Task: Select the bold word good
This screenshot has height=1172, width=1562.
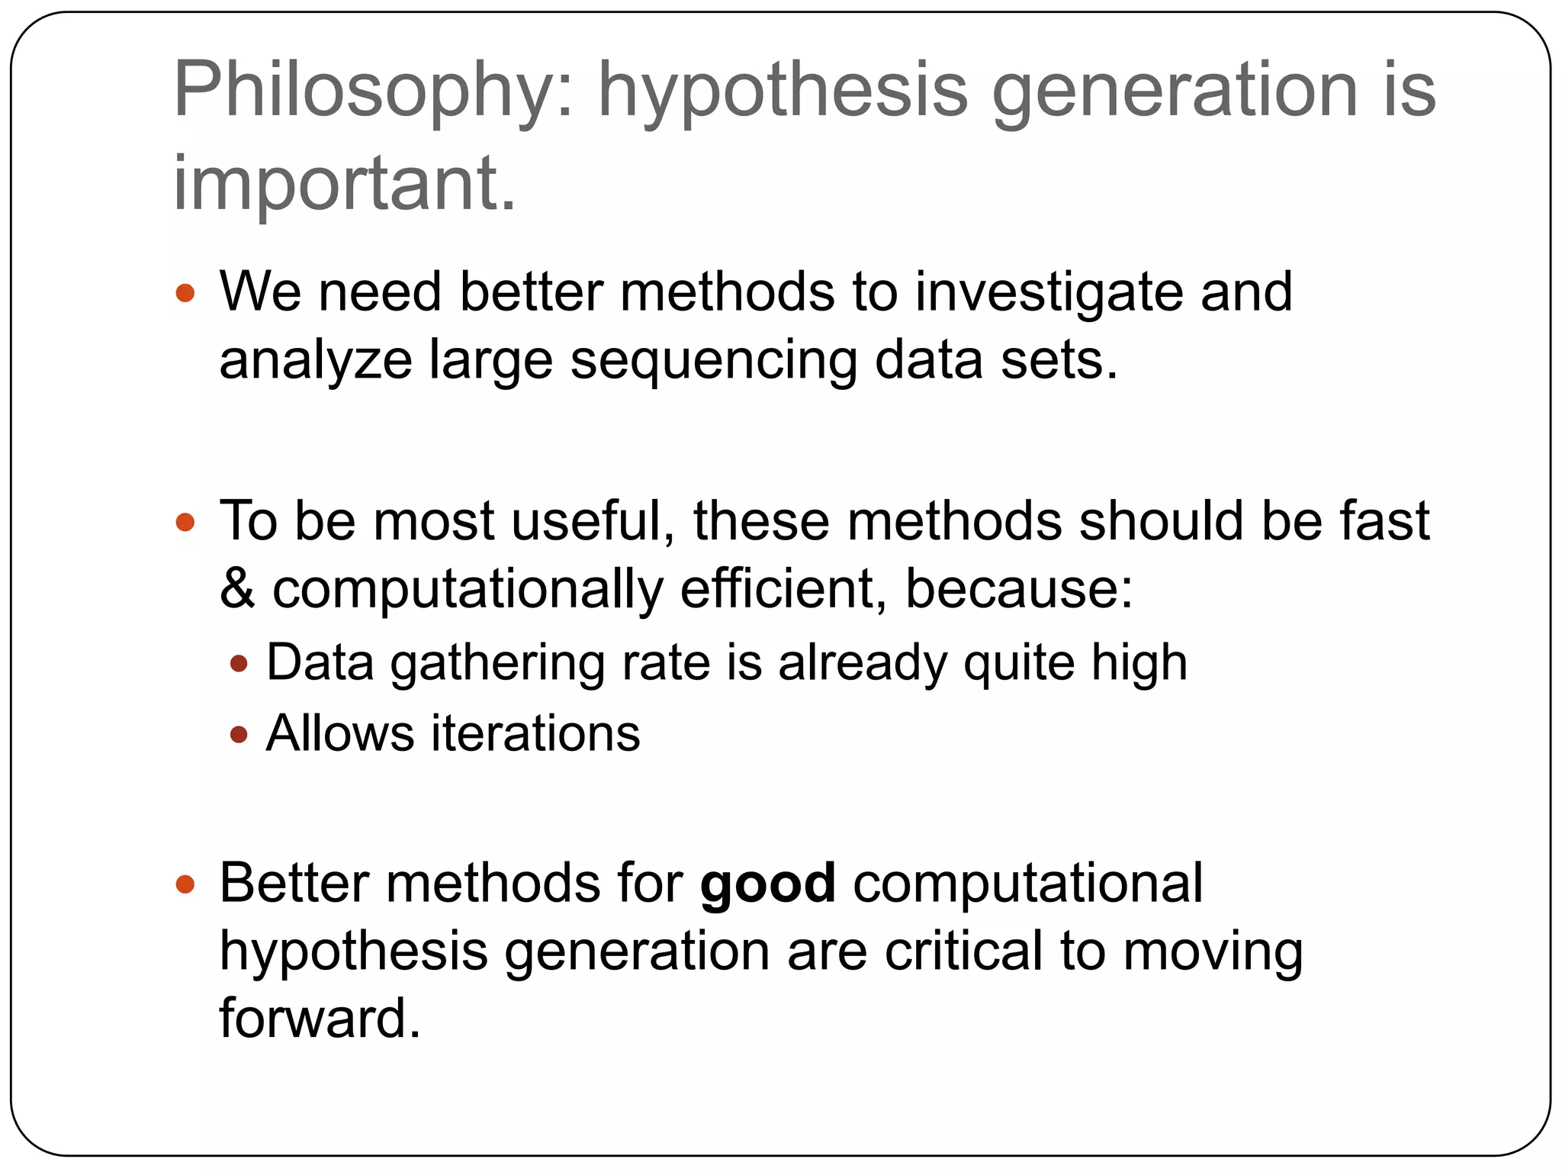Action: [x=768, y=884]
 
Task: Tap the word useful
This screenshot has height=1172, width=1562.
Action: [x=593, y=522]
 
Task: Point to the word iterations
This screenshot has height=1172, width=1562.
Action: [x=536, y=733]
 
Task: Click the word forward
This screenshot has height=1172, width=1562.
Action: [x=320, y=1019]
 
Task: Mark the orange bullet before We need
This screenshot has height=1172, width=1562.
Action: [x=185, y=294]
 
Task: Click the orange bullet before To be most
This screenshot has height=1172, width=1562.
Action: [x=185, y=523]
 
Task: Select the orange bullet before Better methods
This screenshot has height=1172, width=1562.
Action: [x=185, y=885]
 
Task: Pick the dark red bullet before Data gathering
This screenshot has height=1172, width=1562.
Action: [x=239, y=664]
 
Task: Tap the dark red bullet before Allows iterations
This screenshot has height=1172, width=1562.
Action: [x=239, y=735]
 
